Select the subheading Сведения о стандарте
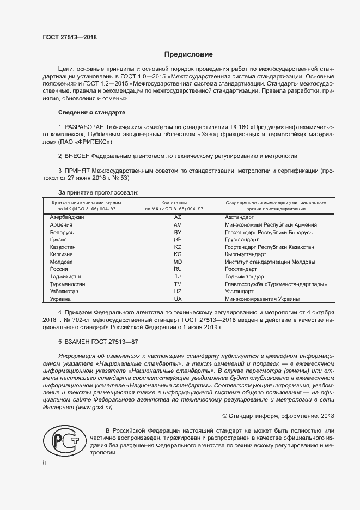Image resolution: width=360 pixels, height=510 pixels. tap(91, 112)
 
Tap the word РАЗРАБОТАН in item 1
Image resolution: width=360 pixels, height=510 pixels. tap(88, 126)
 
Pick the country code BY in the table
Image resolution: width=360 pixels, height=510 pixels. tap(178, 232)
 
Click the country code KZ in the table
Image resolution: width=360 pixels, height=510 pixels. tap(178, 247)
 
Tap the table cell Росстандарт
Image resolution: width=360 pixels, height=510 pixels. tap(241, 269)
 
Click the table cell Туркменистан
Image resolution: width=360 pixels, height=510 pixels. tap(68, 284)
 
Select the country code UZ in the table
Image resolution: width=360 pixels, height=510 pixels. tap(178, 292)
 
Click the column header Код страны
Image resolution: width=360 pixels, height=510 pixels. tap(178, 202)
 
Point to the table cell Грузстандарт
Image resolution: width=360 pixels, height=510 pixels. tap(242, 240)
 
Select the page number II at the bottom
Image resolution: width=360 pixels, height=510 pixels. tap(44, 463)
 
